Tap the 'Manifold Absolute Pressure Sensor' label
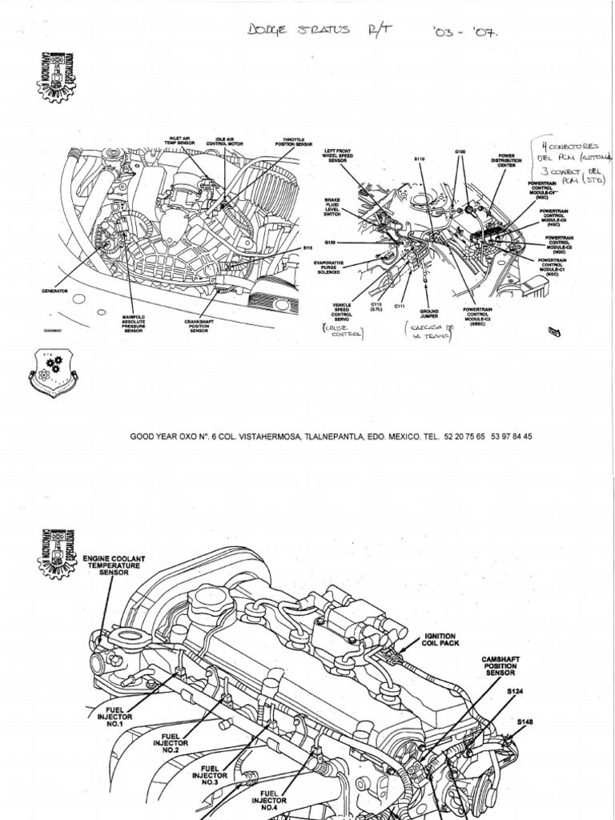(x=133, y=324)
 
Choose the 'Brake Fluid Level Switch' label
(x=332, y=208)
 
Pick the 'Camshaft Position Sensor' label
(x=500, y=666)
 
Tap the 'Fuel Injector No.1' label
(x=111, y=717)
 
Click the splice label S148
(x=524, y=722)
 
